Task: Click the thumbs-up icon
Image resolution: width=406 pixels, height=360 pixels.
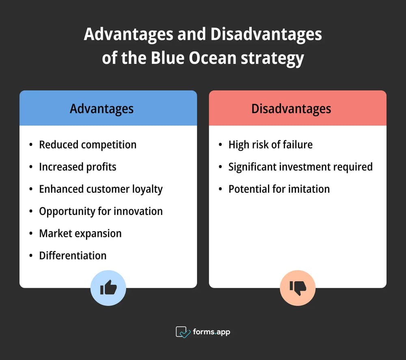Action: click(x=108, y=288)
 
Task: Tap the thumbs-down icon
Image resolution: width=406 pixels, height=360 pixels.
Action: click(x=298, y=288)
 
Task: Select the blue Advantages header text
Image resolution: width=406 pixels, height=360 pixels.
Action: click(x=101, y=109)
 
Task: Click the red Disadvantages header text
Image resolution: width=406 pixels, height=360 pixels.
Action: click(x=291, y=109)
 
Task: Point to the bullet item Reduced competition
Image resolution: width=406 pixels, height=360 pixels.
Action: click(x=88, y=145)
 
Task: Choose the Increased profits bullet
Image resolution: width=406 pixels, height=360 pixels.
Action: click(x=78, y=167)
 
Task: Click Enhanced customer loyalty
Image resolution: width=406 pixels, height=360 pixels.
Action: click(x=101, y=189)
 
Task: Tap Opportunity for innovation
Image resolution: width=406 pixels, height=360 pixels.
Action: click(x=101, y=211)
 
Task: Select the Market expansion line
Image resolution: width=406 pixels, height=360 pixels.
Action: click(x=80, y=233)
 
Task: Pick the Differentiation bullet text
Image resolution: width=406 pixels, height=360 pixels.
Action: click(x=73, y=256)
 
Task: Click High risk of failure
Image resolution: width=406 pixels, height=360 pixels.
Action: click(x=270, y=145)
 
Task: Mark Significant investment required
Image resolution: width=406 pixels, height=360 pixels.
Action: click(x=300, y=167)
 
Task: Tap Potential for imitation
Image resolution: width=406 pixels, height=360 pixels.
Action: click(x=279, y=189)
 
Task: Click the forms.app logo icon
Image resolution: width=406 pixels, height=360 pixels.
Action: click(x=183, y=332)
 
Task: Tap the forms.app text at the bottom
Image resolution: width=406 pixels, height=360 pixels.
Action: click(x=212, y=332)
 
